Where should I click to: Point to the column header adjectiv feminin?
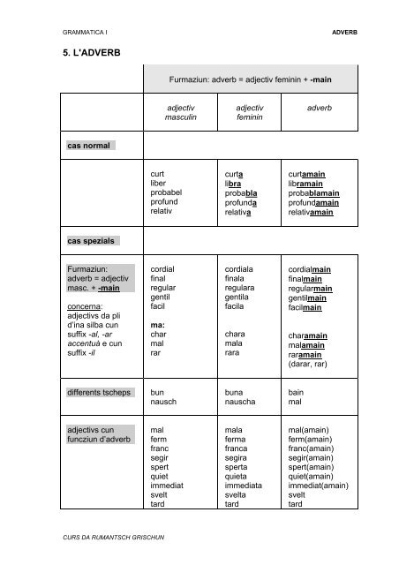tap(250, 112)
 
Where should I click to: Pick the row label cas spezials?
tap(92, 240)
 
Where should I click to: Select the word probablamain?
tap(314, 192)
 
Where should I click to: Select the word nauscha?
tap(243, 401)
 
